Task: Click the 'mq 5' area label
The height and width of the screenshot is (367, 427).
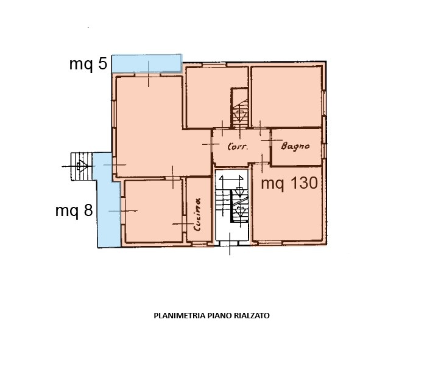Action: click(88, 65)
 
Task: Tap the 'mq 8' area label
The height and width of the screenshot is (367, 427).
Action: click(74, 211)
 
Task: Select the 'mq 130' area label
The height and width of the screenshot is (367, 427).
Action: click(289, 183)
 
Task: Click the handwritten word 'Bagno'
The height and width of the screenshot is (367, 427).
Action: click(295, 146)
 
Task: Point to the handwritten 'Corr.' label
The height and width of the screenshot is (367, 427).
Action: click(238, 147)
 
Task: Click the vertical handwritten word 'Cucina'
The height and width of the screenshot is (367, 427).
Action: click(197, 214)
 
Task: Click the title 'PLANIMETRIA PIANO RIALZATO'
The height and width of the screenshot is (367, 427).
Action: click(211, 316)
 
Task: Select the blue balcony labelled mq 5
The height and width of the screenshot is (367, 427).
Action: click(147, 63)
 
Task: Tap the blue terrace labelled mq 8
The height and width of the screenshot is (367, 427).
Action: click(107, 200)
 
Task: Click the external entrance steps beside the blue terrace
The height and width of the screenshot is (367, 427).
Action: click(82, 167)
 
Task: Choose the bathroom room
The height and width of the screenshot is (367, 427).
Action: click(297, 147)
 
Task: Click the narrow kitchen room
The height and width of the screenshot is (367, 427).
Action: click(199, 209)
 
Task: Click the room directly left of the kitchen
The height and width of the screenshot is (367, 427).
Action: click(154, 211)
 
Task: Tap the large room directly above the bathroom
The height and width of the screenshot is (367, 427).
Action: click(287, 97)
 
